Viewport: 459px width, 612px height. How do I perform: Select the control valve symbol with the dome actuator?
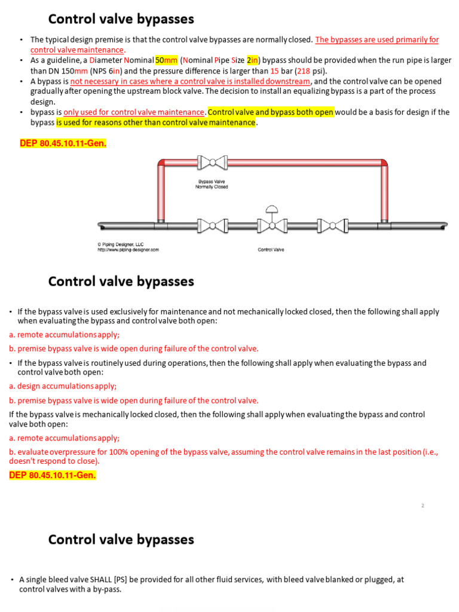[272, 223]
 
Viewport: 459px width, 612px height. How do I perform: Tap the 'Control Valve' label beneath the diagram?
[271, 250]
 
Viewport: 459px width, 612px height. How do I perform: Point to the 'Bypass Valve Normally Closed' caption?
[212, 183]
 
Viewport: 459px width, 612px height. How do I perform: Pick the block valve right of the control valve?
[331, 225]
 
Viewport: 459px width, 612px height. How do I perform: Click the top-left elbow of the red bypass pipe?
[162, 164]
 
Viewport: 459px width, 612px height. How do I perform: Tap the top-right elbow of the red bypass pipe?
[382, 164]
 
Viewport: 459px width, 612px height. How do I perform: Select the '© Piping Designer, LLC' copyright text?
[120, 244]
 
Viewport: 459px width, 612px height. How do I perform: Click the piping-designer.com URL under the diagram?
[128, 250]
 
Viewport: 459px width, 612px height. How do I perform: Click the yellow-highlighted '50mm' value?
[166, 60]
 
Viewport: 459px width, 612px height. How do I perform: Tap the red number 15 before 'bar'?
[275, 71]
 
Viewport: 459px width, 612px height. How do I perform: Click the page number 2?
[423, 506]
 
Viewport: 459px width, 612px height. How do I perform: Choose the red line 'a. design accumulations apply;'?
[63, 386]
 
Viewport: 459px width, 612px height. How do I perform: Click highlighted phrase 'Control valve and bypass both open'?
[271, 112]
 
